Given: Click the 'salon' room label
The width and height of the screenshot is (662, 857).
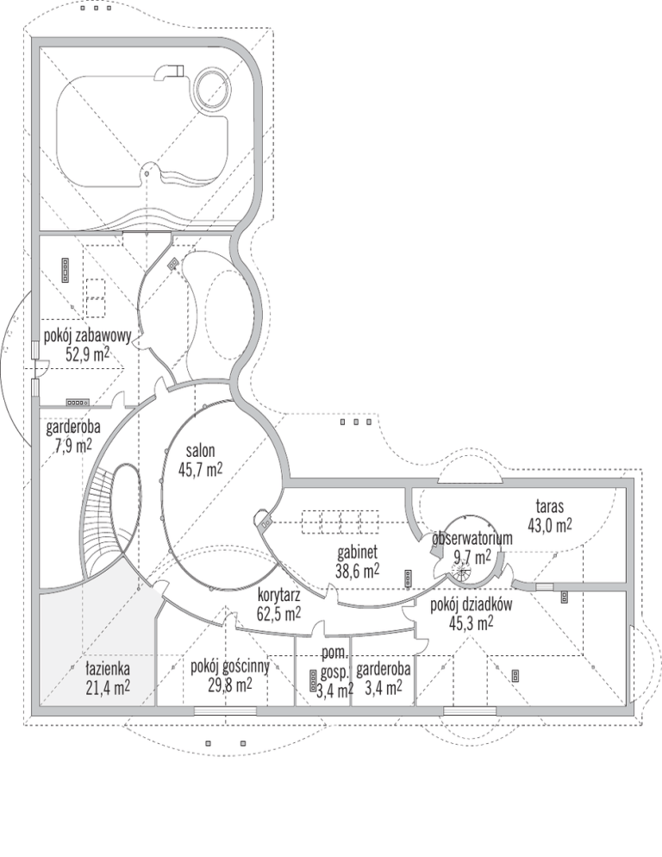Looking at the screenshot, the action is point(200,452).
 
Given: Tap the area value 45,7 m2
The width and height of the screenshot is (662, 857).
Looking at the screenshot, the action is point(200,469).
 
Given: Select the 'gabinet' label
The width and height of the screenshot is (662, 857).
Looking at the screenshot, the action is point(358,554).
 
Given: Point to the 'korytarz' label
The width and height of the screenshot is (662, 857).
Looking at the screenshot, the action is point(278,595).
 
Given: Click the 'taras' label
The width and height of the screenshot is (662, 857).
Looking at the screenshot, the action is point(549,507).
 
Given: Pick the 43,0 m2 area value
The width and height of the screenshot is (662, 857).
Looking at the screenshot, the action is point(549,525).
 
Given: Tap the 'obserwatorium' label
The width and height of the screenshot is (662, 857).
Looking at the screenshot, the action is point(472,539).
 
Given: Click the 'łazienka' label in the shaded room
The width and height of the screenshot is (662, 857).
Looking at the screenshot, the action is point(108,668).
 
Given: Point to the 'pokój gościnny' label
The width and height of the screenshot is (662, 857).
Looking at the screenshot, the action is point(229,666).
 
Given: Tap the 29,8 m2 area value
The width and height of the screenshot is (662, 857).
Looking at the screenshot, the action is point(229,685).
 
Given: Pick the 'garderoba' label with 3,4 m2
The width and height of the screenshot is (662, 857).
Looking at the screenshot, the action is point(384,669).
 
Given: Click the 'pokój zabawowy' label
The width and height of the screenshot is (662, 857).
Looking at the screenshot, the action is point(87,336).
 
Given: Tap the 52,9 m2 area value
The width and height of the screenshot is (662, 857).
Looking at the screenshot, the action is point(87,354).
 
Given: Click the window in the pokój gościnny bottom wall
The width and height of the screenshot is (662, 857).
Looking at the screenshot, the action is point(225,711).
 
